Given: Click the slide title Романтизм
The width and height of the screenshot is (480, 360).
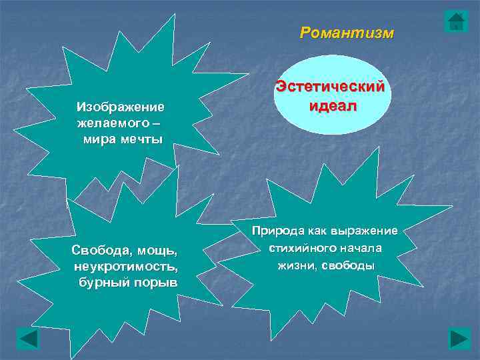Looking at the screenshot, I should click(x=347, y=33).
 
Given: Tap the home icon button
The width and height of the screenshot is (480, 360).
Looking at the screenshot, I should click(x=456, y=21).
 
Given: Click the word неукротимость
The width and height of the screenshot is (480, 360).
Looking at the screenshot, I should click(x=127, y=267).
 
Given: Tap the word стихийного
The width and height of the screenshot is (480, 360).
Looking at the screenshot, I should click(x=296, y=248).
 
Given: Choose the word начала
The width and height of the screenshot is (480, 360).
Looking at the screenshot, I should click(x=361, y=248).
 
